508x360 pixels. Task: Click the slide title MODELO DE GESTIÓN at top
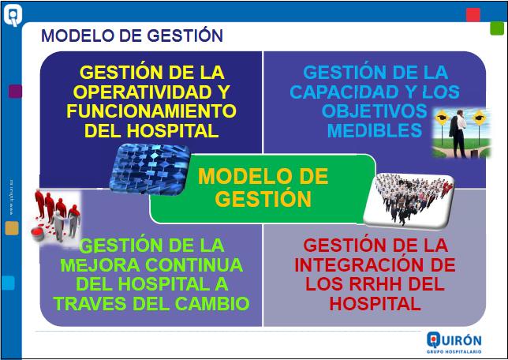coord(132,36)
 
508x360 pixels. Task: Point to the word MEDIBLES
coord(375,130)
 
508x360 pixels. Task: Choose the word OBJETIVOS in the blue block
coord(374,111)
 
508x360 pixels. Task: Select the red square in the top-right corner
coord(473,15)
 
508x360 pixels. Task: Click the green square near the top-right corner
coord(496,28)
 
